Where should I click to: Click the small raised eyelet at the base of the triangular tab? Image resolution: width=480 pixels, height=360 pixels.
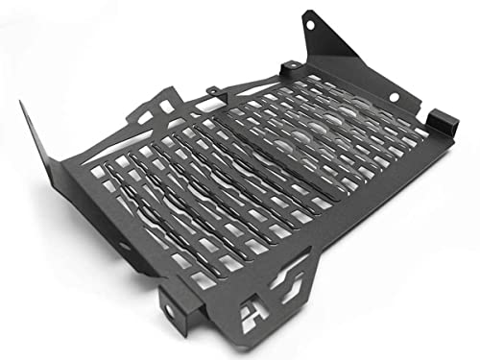point(290,65)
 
